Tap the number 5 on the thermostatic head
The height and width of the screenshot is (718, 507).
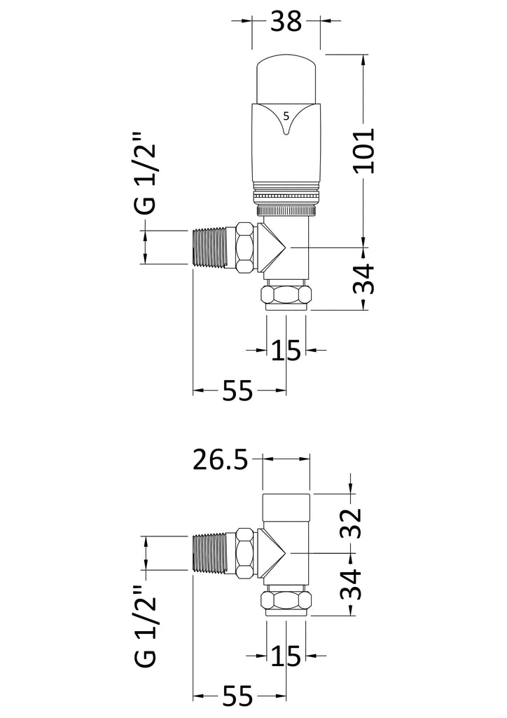(x=286, y=115)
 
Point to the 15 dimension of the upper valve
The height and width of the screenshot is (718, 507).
(x=286, y=348)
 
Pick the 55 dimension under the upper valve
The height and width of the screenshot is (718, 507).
(x=237, y=391)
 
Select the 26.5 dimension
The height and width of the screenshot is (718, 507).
(x=221, y=461)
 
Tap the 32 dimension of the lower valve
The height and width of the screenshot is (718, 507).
(x=353, y=522)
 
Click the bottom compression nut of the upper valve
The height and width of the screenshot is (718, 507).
(x=286, y=295)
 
